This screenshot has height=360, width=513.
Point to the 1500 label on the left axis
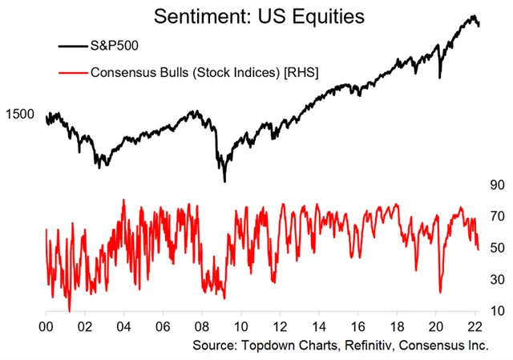19,114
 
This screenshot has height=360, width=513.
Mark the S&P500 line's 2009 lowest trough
224,181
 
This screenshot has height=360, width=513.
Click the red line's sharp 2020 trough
441,293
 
